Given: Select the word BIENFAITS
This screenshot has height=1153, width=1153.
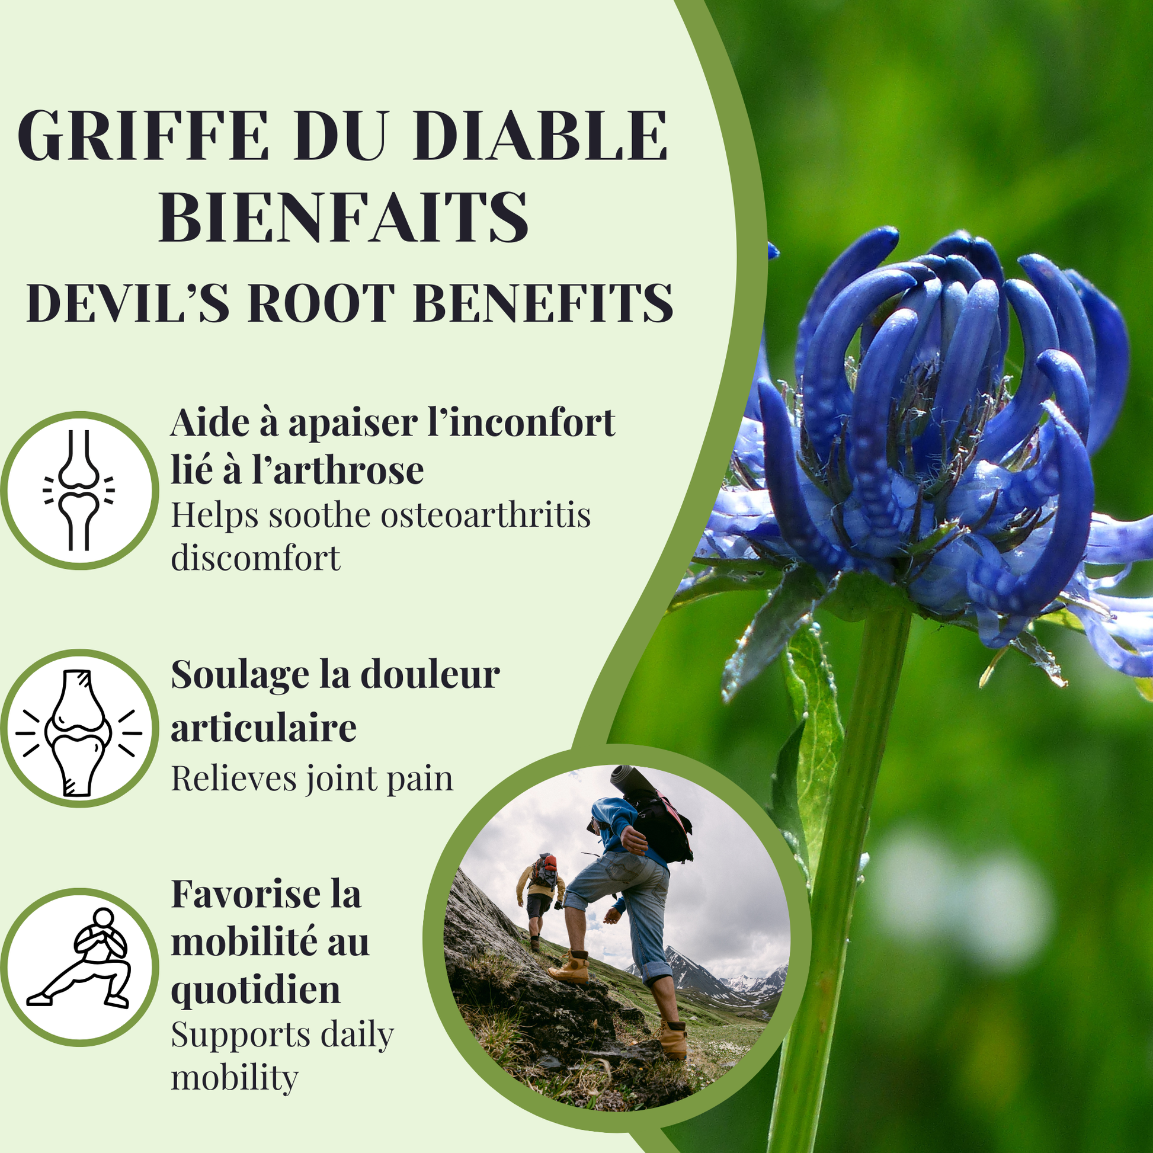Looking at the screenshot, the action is coord(344,217).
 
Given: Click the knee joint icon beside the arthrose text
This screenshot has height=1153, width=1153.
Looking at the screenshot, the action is coord(79,490).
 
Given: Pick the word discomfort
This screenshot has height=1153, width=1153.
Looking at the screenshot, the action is coord(255,558).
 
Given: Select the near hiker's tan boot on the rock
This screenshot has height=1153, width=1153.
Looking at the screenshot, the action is coord(570,969).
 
